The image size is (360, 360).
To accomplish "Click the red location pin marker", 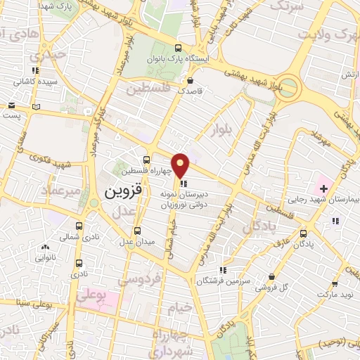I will click(181, 165).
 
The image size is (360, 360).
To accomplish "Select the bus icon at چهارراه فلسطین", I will click(146, 160).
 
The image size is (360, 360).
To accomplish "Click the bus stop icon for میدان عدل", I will click(136, 231).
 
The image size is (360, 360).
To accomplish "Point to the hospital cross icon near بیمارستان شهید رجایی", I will click(323, 188).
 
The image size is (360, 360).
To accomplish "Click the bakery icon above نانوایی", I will click(46, 247).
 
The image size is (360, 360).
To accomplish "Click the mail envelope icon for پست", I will click(11, 107).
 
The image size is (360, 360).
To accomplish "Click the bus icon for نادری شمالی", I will click(79, 226).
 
